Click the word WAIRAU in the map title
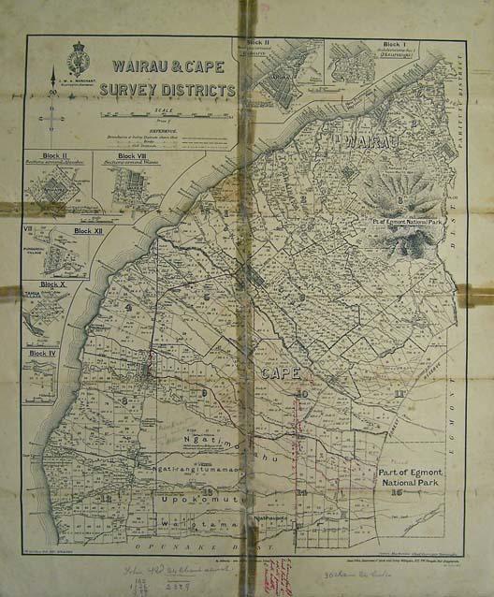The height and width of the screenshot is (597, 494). pos(140,67)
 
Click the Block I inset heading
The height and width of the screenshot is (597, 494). pos(374,42)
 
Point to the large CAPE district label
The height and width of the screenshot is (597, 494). pos(280,375)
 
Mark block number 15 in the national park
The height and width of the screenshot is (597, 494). pos(398,492)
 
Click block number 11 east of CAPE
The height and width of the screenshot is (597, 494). pos(400,393)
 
